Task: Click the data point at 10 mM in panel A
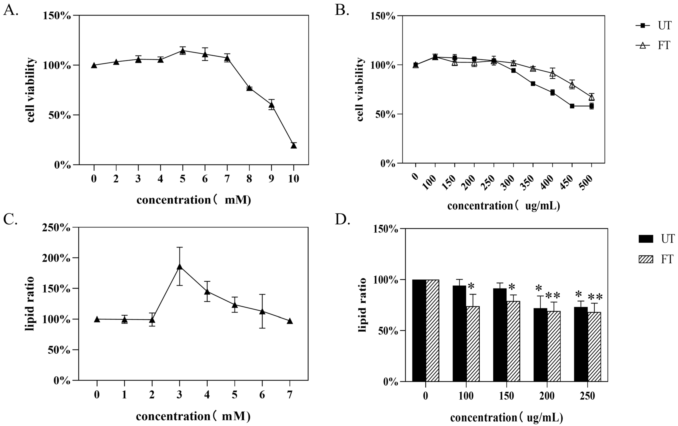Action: (294, 145)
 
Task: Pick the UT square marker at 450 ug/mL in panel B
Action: (572, 106)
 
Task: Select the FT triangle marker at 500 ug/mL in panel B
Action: (592, 97)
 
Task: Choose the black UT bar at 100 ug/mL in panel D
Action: (459, 334)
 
